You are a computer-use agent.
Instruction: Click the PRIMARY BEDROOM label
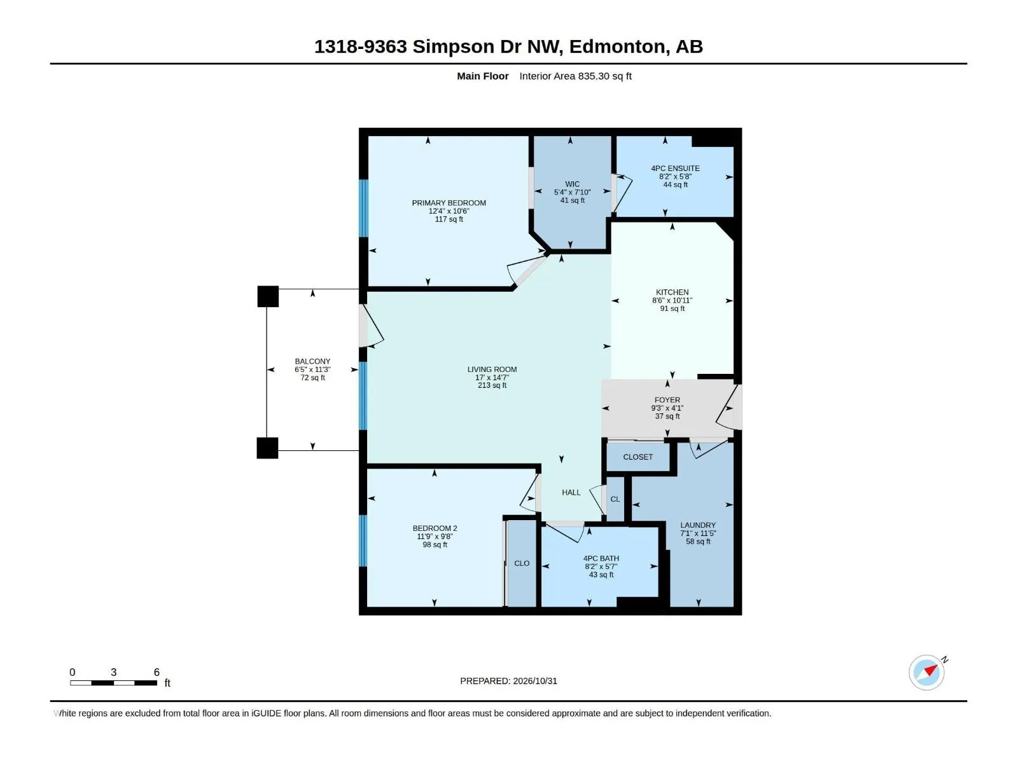tap(449, 203)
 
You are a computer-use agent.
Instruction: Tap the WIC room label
tap(572, 184)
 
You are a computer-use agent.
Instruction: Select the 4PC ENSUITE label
tap(675, 168)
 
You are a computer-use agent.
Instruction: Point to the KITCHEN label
tap(671, 292)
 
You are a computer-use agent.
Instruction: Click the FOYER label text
tap(667, 400)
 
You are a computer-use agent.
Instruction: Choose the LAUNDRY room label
tap(697, 525)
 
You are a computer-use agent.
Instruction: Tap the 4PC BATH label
tap(601, 558)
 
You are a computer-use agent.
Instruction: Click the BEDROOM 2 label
tap(435, 528)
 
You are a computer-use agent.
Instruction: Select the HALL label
tap(571, 492)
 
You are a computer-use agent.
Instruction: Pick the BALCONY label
tap(312, 361)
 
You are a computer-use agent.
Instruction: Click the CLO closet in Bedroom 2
tap(521, 563)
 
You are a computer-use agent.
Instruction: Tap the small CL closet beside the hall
tap(615, 499)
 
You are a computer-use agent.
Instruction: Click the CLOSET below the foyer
tap(638, 457)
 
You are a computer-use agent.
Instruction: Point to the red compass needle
tap(930, 670)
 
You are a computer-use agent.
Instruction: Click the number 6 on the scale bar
tap(157, 672)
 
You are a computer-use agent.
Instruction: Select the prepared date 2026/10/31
tap(534, 681)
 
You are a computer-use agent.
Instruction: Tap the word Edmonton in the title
tap(620, 47)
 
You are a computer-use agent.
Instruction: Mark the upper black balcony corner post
tap(268, 296)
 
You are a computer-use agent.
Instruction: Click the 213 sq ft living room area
tap(492, 385)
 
